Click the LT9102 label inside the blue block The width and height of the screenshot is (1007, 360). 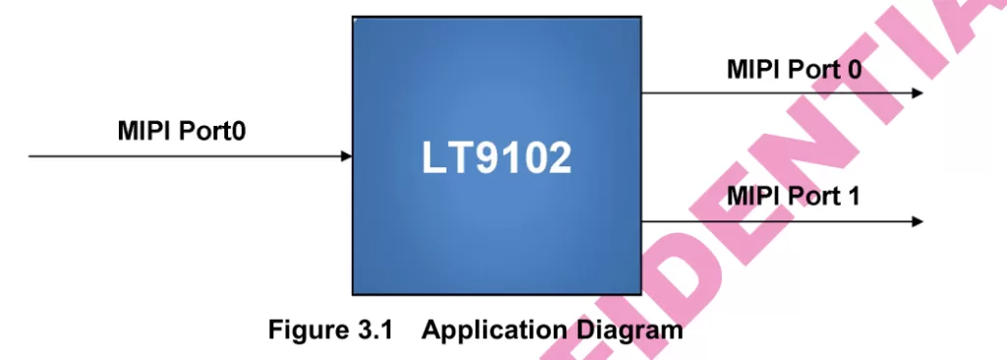coord(497,157)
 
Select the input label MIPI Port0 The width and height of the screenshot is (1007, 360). coord(182,131)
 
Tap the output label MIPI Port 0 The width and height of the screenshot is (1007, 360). coord(794,70)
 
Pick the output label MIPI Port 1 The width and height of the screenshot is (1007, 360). coord(793,197)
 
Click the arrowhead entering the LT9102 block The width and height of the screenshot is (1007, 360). coord(347,156)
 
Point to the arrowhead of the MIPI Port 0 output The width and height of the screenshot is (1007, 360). coord(918,93)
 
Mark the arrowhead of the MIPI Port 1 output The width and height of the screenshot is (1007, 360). coord(918,221)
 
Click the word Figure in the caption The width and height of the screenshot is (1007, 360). coord(307,330)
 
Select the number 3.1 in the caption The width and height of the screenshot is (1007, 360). coord(373,330)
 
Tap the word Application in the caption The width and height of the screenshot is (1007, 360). coord(494,330)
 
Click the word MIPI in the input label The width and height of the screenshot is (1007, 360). coord(144,131)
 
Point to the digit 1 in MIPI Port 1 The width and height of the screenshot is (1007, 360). coord(852,197)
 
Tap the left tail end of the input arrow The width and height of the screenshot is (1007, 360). coord(30,156)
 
